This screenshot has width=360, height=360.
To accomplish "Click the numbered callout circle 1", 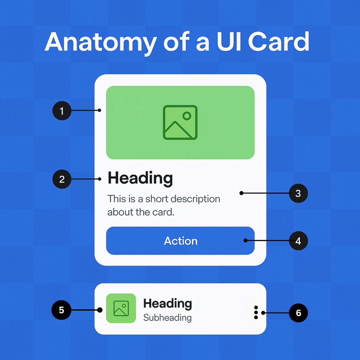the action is click(x=62, y=111).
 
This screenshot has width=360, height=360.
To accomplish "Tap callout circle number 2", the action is click(x=62, y=179).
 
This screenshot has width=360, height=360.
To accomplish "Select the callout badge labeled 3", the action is click(x=298, y=193).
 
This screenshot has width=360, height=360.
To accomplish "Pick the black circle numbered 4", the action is click(x=298, y=241).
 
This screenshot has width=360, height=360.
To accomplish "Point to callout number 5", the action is click(x=61, y=310).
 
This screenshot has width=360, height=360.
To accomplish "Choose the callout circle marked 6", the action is click(x=298, y=313).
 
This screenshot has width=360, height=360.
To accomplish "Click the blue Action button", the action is click(x=180, y=241).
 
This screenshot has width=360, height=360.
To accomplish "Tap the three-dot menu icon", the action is click(x=256, y=313).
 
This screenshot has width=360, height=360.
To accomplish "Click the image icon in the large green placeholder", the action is click(x=180, y=122).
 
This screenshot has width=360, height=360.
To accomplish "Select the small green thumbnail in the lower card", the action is click(x=121, y=308).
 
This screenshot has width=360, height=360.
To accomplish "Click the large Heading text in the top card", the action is click(x=140, y=178).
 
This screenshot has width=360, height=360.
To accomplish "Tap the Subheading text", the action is click(x=167, y=318).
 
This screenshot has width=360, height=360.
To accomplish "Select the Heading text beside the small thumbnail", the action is click(x=167, y=303).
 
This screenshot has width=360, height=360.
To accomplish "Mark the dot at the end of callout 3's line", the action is click(x=241, y=193).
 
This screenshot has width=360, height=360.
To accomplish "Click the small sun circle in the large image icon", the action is click(x=187, y=116).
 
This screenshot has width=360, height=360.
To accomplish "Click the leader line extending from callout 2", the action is click(x=85, y=179).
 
